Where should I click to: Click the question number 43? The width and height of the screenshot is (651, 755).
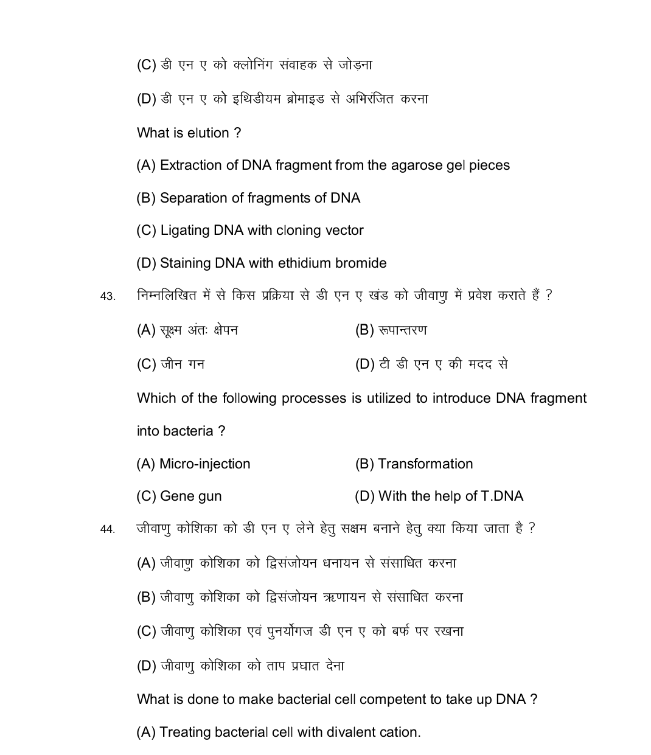[x=107, y=297]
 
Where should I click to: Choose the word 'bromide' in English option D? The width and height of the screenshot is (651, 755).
[x=361, y=263]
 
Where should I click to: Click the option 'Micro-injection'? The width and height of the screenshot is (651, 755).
[x=204, y=464]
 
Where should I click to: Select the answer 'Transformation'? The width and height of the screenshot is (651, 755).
[x=425, y=464]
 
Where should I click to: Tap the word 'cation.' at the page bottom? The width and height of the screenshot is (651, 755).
[x=401, y=732]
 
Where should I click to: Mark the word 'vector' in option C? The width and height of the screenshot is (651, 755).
[x=344, y=231]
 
